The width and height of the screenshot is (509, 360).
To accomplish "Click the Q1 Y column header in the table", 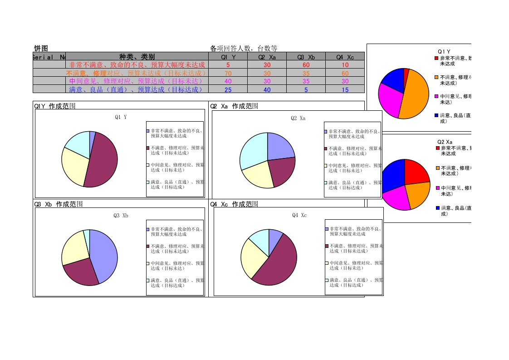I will pyautogui.click(x=228, y=57).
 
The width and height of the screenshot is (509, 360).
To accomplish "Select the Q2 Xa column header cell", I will pyautogui.click(x=267, y=57).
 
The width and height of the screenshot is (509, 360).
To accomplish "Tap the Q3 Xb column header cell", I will pyautogui.click(x=306, y=57).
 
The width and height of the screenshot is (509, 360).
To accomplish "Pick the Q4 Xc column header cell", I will pyautogui.click(x=345, y=57).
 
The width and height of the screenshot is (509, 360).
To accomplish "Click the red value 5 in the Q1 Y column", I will pyautogui.click(x=228, y=65).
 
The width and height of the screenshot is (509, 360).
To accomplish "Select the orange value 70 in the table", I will pyautogui.click(x=228, y=73).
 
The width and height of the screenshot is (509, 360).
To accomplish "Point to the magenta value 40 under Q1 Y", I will pyautogui.click(x=228, y=81).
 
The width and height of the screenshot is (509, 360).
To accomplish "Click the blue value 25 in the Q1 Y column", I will pyautogui.click(x=228, y=89).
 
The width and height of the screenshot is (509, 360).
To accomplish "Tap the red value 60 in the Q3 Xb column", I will pyautogui.click(x=306, y=65).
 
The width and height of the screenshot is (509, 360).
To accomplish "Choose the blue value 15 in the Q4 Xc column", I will pyautogui.click(x=345, y=89).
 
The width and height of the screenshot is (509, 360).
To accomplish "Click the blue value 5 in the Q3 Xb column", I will pyautogui.click(x=306, y=89).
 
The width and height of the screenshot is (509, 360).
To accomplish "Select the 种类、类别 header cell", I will pyautogui.click(x=137, y=57).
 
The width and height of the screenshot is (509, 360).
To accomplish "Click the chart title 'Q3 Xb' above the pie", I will pyautogui.click(x=121, y=216).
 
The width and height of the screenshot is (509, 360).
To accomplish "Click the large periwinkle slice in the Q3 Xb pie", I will pyautogui.click(x=103, y=254).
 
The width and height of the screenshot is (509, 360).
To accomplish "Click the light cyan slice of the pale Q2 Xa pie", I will pyautogui.click(x=253, y=148).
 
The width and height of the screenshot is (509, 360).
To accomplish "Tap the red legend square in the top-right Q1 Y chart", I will pyautogui.click(x=436, y=58).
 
